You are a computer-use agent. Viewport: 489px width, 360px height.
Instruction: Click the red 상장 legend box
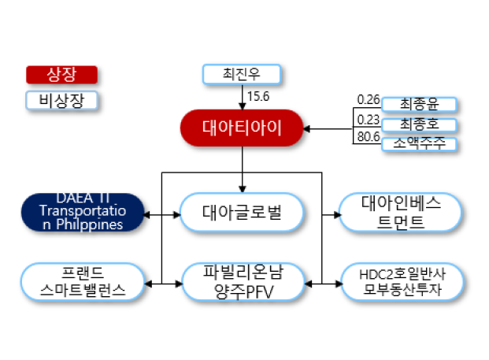click(61, 74)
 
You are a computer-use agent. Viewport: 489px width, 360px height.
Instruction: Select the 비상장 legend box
click(61, 100)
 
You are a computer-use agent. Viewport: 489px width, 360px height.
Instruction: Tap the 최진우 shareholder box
click(241, 75)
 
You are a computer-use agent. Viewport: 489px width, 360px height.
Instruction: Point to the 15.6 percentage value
click(258, 96)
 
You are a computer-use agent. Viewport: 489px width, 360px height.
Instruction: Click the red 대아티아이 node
click(241, 128)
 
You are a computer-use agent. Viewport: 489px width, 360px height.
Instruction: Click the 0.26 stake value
click(368, 100)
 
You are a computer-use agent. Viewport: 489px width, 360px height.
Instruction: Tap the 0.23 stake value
click(368, 119)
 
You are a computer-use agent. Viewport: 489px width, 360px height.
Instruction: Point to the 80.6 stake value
click(368, 138)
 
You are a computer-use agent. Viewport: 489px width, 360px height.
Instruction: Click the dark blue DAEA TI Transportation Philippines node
click(82, 213)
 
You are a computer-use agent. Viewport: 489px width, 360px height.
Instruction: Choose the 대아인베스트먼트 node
click(401, 213)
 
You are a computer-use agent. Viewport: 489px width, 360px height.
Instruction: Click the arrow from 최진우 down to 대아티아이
click(241, 96)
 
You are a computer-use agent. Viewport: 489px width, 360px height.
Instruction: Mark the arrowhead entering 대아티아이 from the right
click(308, 128)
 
